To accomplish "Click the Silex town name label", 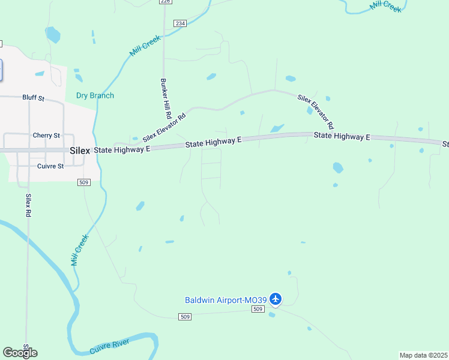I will [79, 151].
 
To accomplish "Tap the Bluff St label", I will [34, 97].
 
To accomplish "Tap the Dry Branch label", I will [95, 95].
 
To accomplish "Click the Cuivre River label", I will [110, 346].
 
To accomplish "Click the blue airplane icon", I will [276, 298].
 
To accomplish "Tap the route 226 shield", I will [165, 2].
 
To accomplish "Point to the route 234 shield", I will [180, 23].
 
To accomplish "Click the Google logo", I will [19, 353].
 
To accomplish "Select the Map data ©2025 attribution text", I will [423, 355].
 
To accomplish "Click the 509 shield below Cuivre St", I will [84, 182].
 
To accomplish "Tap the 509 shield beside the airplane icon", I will [258, 309].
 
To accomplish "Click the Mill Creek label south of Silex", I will [79, 250].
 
